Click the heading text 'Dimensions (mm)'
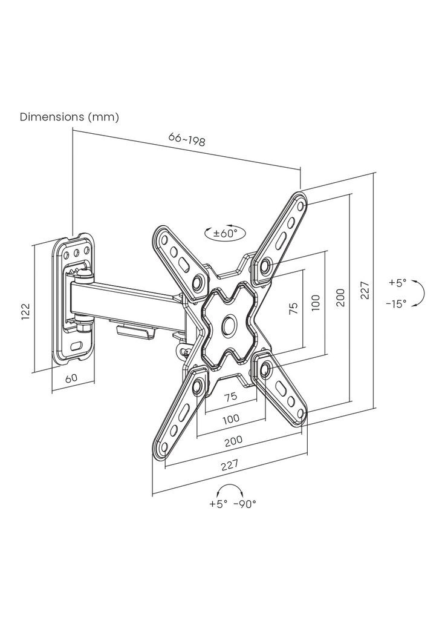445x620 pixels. pos(70,117)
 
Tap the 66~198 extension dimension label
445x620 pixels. pos(187,139)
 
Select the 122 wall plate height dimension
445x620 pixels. pos(25,312)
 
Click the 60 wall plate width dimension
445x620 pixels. pos(71,378)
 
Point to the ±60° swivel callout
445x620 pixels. pos(225,233)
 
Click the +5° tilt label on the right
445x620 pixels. pos(397,283)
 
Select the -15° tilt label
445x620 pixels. pos(396,304)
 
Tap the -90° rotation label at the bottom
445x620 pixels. pos(245,504)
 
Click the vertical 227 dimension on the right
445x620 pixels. pos(365,290)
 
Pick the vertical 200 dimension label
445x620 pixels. pos(340,298)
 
